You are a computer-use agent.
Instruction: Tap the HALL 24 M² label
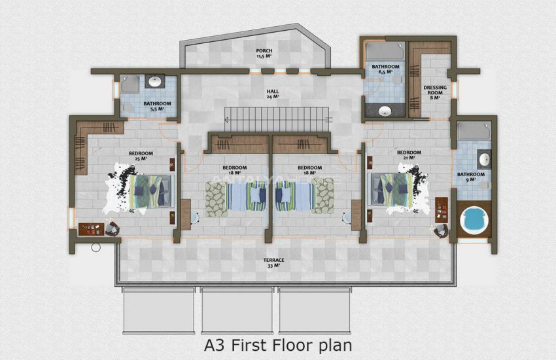pyautogui.click(x=273, y=94)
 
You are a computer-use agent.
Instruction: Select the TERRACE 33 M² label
pyautogui.click(x=273, y=262)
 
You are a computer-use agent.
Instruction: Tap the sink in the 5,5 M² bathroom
pyautogui.click(x=156, y=82)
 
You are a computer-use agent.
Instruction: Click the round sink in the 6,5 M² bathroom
pyautogui.click(x=386, y=110)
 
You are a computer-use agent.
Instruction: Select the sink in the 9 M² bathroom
pyautogui.click(x=485, y=160)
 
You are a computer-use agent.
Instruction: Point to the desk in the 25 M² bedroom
pyautogui.click(x=93, y=229)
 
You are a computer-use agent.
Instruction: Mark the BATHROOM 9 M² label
pyautogui.click(x=471, y=177)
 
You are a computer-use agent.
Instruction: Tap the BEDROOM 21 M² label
pyautogui.click(x=409, y=154)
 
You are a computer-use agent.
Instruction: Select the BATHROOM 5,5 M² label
pyautogui.click(x=157, y=106)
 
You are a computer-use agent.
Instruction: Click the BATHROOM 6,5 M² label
pyautogui.click(x=385, y=69)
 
